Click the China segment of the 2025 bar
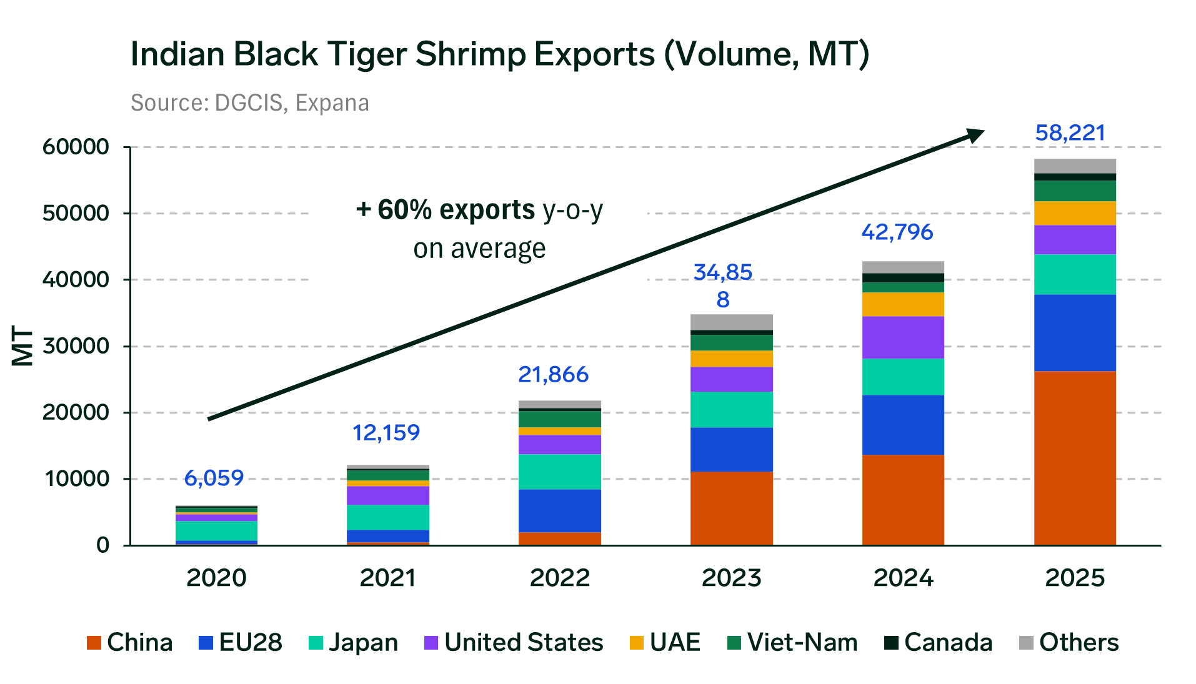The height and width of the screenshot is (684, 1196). coord(1075,458)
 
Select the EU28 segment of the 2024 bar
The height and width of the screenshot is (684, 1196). coord(903,425)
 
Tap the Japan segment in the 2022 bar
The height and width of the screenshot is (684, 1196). coord(559,472)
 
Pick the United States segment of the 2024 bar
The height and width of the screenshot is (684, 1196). coord(903,337)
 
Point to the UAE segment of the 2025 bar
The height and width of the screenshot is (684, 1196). coord(1075,213)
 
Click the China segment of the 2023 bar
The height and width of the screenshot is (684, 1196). coord(731,508)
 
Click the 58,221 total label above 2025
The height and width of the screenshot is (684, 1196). coord(1070,132)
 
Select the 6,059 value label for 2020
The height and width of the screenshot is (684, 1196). coord(214,478)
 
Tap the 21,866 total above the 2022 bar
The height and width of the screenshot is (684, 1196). coord(553,374)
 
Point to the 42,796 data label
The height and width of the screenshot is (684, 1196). coord(897,232)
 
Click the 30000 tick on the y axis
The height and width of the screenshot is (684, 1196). coord(76,345)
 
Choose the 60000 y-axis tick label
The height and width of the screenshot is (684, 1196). coord(76,147)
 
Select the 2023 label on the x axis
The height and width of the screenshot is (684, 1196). coord(731,578)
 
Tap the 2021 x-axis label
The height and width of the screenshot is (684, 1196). coord(387,578)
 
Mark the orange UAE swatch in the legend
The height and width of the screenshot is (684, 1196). coord(636,643)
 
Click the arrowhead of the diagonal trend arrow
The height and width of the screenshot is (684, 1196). coord(974,134)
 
